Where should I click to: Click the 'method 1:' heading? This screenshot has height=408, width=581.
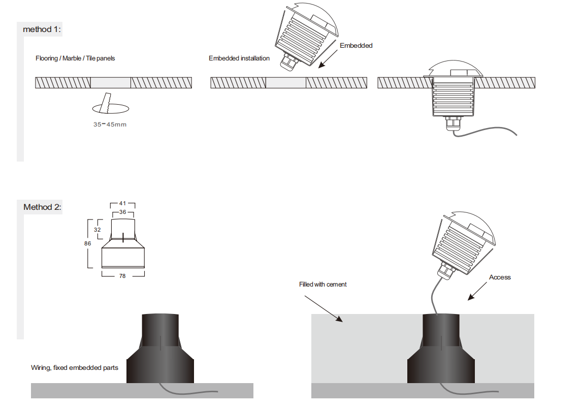(42, 29)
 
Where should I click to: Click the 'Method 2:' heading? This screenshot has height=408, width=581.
(42, 207)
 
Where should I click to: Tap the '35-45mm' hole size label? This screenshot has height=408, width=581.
(110, 124)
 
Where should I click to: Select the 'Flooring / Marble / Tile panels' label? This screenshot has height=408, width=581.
(75, 58)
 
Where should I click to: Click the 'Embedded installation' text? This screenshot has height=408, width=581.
(239, 58)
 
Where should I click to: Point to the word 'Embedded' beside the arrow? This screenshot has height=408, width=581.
(356, 46)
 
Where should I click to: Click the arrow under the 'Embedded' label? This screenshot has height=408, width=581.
(329, 58)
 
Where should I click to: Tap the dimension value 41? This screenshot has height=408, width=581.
(122, 203)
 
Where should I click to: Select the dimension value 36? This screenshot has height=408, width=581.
(122, 212)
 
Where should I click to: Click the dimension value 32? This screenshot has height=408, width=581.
(98, 230)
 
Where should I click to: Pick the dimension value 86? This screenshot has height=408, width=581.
(87, 243)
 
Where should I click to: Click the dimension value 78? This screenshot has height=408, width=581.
(122, 276)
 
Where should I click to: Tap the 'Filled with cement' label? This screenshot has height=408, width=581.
(322, 285)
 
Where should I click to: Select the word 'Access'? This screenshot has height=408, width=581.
(500, 277)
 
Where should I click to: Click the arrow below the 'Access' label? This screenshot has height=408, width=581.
(477, 291)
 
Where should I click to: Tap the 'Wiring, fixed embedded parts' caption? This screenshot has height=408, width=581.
(75, 367)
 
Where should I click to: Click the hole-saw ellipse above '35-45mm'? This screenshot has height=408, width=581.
(110, 108)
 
